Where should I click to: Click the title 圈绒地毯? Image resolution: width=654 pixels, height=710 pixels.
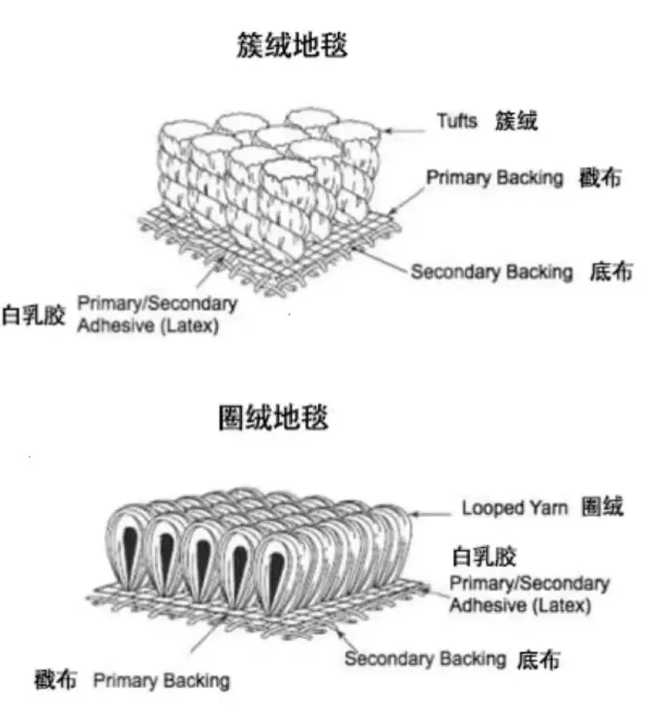(273, 417)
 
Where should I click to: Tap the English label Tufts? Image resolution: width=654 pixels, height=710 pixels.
(457, 121)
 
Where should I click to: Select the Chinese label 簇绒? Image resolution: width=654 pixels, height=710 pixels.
(517, 121)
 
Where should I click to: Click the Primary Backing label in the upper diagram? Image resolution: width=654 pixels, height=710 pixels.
(495, 178)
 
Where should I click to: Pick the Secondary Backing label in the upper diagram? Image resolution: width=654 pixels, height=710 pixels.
(491, 273)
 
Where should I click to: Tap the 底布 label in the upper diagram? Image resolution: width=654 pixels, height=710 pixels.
(611, 273)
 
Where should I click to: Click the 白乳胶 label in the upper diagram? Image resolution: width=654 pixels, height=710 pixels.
(33, 314)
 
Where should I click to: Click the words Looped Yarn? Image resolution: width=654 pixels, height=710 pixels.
(514, 508)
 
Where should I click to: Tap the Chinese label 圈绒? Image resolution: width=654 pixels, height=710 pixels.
(602, 507)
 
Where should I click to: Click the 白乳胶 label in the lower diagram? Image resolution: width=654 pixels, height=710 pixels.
(483, 556)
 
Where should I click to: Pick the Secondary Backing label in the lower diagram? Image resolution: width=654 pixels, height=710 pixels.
(425, 658)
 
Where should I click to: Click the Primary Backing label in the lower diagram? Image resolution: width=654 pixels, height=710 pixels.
(161, 680)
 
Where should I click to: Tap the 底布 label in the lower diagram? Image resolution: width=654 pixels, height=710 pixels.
(539, 659)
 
